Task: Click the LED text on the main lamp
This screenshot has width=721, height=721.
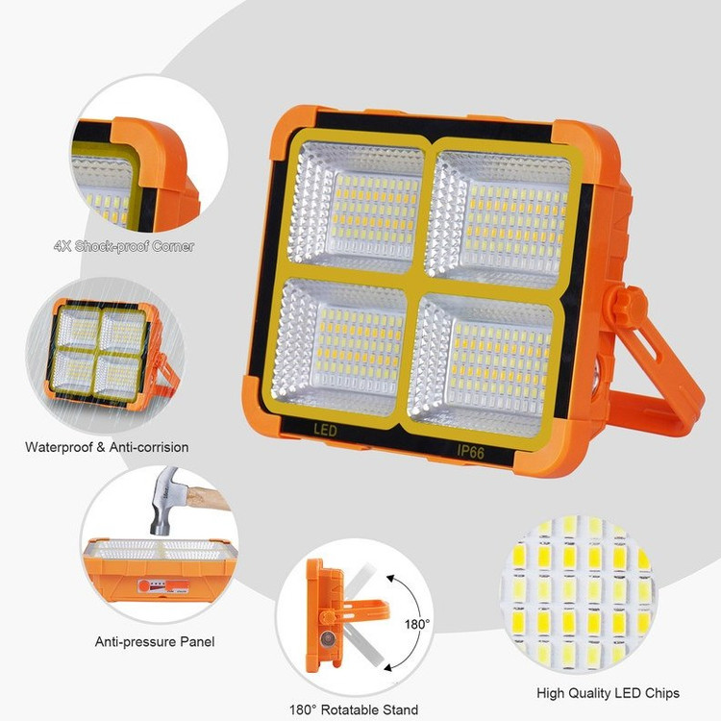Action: point(326,431)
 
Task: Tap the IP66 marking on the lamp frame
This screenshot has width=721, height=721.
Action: point(470,452)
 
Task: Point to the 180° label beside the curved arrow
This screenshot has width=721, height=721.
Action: point(417,624)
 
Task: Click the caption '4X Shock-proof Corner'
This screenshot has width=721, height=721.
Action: point(124,246)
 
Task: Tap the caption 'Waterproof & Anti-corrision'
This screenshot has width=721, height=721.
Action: point(107,447)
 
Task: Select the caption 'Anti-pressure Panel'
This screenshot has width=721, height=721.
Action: point(155,641)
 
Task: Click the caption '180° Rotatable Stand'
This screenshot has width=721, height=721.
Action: point(354,709)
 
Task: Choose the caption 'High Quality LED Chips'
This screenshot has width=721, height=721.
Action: point(608,693)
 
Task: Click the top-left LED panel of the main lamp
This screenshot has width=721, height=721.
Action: point(357,205)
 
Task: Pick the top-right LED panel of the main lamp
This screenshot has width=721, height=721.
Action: point(499,217)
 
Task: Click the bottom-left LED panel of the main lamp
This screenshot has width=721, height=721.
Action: point(340,346)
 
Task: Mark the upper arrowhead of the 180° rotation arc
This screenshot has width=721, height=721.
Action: point(391,578)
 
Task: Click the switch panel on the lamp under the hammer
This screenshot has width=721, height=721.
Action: point(163,585)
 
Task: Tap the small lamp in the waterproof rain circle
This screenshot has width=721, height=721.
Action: point(112,354)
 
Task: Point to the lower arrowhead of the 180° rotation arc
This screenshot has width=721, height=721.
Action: point(389,668)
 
